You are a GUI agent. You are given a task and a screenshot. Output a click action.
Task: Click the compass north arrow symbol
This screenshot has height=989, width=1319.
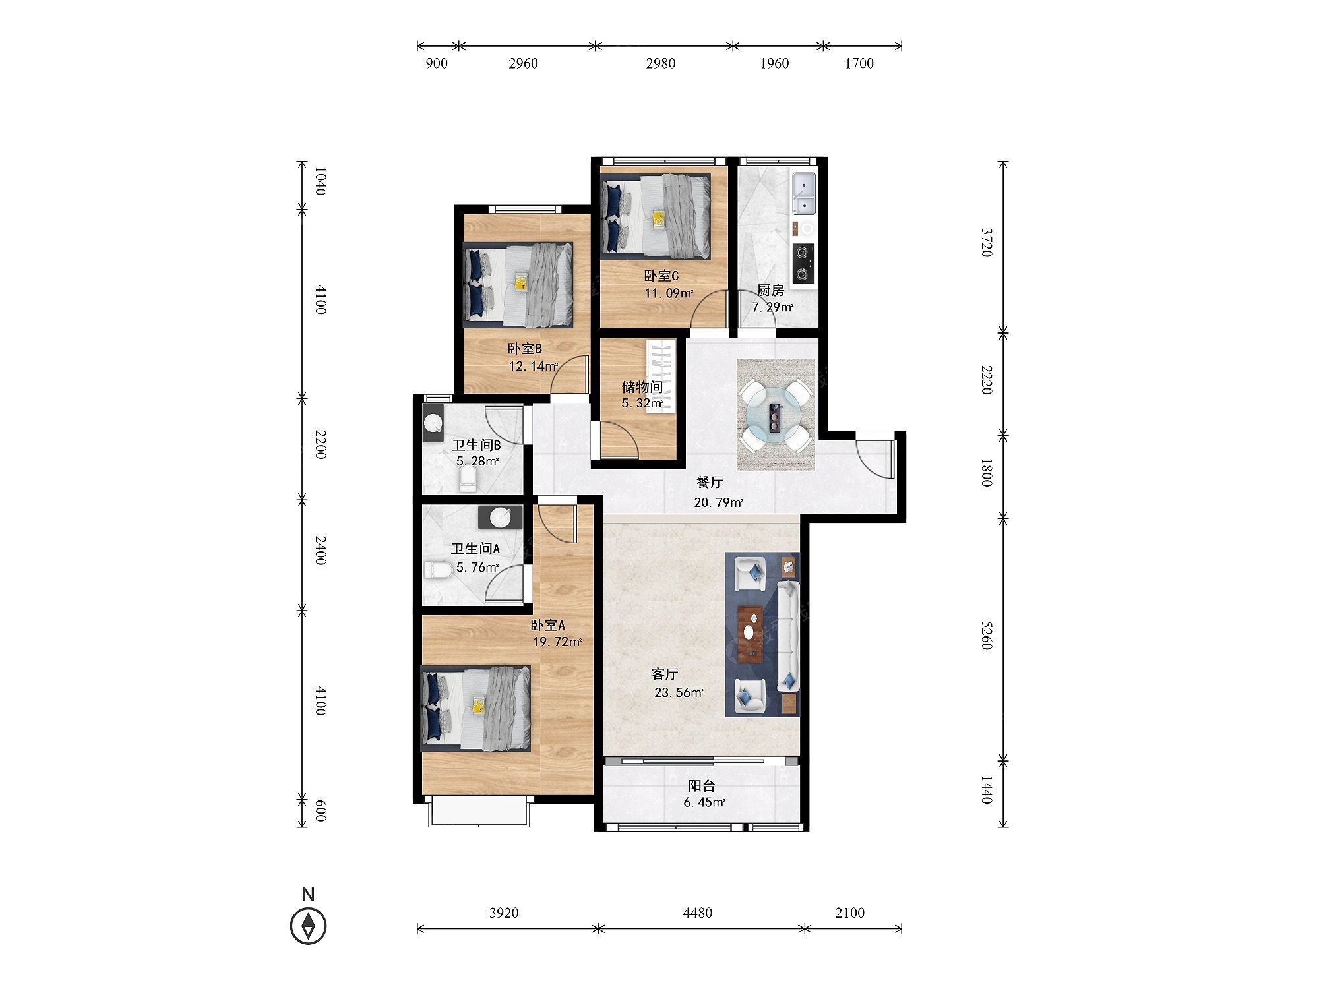point(308,926)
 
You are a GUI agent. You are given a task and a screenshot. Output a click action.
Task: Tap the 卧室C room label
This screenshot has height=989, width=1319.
point(661,276)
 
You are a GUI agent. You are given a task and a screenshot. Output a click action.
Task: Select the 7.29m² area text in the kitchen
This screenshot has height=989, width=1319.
point(772,307)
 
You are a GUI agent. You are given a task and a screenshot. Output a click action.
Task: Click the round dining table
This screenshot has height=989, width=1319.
point(775,415)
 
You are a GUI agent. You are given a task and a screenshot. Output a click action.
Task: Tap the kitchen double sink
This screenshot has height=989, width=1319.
point(805,193)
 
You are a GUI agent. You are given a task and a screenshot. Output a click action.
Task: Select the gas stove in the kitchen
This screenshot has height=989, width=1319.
point(803,262)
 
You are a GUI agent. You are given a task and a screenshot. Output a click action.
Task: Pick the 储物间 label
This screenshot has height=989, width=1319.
point(642,387)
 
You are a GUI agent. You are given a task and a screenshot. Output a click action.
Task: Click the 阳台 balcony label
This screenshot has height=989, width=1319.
point(702,786)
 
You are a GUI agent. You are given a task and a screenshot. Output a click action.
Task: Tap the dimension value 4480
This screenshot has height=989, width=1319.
point(698,913)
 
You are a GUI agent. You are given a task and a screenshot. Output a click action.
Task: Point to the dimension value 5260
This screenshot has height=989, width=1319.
point(986,634)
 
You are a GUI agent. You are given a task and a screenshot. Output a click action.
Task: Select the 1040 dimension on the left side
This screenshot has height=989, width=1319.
point(319,181)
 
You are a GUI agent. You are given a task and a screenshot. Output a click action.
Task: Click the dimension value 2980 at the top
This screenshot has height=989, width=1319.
point(661,63)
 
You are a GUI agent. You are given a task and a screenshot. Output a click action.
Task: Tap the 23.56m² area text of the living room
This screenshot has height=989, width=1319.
point(679,692)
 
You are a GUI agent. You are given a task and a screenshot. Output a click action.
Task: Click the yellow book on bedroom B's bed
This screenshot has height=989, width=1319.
point(521,282)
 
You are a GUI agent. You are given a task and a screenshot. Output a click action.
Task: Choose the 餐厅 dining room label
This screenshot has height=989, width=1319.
point(710,482)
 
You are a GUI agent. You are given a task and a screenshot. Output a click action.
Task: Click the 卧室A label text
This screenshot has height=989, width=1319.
point(548,625)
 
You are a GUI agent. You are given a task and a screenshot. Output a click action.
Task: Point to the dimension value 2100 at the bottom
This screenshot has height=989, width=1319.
point(849,913)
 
